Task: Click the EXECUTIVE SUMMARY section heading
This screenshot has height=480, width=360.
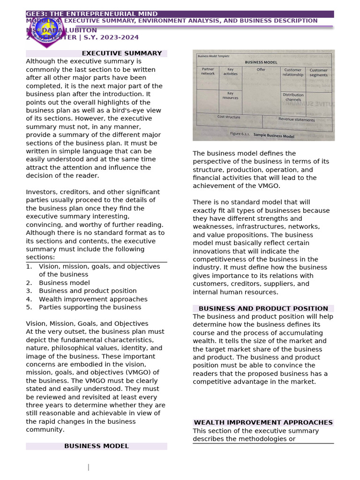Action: pos(122,53)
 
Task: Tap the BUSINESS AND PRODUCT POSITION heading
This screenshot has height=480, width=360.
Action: pos(263,308)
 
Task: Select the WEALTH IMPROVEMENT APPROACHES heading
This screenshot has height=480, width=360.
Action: pos(263,422)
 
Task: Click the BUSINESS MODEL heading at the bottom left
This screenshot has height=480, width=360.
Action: pos(96,446)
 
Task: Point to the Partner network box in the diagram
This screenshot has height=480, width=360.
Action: pos(208,71)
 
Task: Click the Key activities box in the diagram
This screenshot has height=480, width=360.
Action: pos(230,71)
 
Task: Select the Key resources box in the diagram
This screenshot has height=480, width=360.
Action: pos(230,95)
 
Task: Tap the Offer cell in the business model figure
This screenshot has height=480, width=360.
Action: pos(261,70)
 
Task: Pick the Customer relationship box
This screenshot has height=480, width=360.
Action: pos(293,72)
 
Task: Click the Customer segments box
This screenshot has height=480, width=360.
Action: pos(319,73)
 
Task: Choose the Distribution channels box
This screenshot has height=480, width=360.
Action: pos(293,97)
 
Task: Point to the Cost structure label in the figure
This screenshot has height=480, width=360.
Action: pos(229,117)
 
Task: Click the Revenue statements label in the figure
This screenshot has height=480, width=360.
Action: pos(297,120)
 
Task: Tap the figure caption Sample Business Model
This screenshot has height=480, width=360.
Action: pos(274,135)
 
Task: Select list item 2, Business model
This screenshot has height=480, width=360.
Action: pos(64,283)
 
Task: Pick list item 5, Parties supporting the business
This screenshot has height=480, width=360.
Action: pos(90,307)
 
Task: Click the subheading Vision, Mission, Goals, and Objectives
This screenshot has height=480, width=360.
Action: pos(87,323)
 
